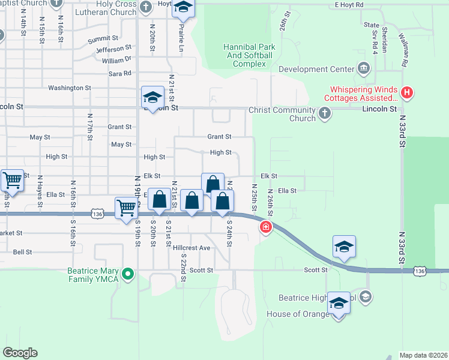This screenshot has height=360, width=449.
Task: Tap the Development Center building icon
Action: point(363,68)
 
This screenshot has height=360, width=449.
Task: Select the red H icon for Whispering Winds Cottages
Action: point(408,92)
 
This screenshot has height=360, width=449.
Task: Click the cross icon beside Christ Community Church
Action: point(324,113)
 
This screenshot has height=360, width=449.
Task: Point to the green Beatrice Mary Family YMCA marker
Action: point(127,275)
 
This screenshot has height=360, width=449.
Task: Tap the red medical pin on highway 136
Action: point(265,227)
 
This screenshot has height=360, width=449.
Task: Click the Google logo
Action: point(20,352)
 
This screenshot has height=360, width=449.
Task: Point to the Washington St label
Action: point(70,88)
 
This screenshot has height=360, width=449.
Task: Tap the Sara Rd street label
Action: point(119,73)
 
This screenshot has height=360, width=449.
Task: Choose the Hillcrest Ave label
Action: point(191,248)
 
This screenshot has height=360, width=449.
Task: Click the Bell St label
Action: point(22,253)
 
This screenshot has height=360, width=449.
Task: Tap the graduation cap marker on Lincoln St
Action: point(152,98)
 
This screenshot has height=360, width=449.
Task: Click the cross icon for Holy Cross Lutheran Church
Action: point(146,7)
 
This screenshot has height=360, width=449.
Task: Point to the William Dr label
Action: point(116,60)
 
